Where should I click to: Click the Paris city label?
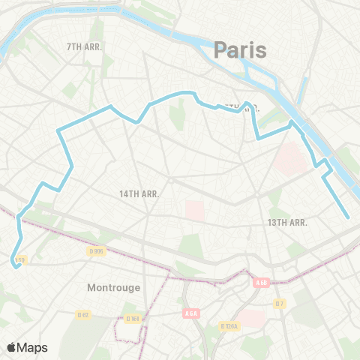pos(240,50)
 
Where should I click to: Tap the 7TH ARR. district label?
pos(84,46)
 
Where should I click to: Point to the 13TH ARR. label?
pos(288,223)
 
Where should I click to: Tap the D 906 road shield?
pos(95,250)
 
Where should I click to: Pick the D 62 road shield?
pos(83,315)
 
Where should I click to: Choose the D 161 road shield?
pos(133,318)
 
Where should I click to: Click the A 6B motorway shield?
pos(261,283)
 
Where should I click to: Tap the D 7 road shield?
pos(279,303)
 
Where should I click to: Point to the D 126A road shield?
pos(229,326)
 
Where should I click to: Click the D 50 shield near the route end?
pos(20,259)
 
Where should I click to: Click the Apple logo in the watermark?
pos(12,347)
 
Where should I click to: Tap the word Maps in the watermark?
pos(33,347)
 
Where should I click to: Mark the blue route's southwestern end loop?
pos(14,262)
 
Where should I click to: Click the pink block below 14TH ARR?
pos(193,210)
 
